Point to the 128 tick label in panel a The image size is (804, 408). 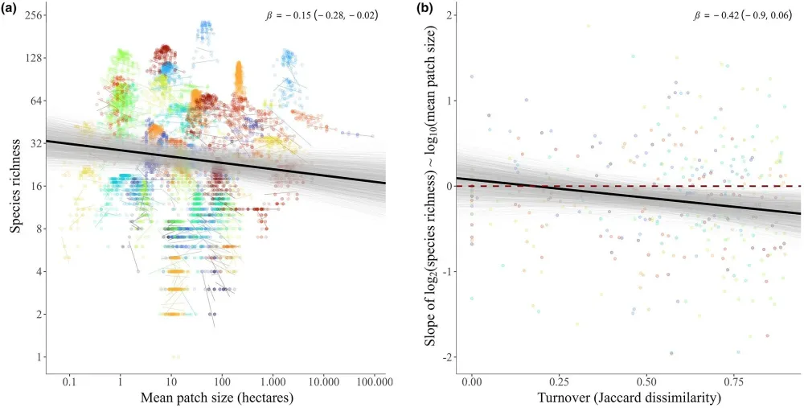click(x=31, y=58)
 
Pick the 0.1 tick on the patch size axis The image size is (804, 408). click(x=69, y=377)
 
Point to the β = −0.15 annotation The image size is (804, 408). click(x=322, y=14)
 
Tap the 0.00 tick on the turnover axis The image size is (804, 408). click(x=472, y=377)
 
